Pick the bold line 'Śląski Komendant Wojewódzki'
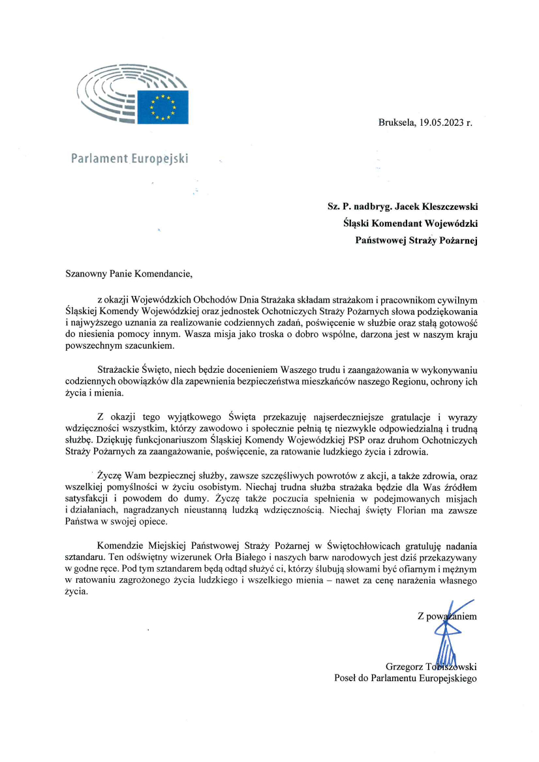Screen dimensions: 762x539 (x=410, y=224)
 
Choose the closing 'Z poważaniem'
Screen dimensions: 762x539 (x=447, y=616)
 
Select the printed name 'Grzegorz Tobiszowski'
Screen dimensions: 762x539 (x=431, y=666)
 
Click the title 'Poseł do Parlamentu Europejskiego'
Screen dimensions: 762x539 (x=405, y=678)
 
